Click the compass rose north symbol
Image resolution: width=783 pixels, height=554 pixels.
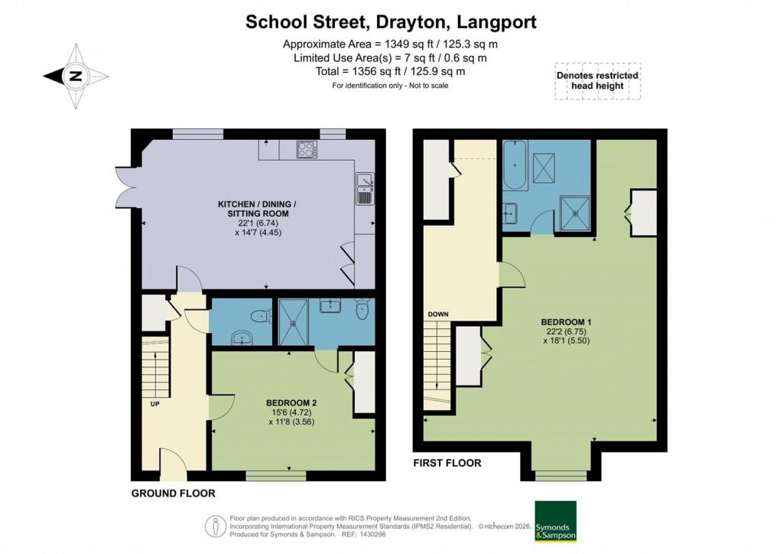(75, 76)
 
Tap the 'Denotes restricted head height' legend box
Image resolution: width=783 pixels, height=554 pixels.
(597, 80)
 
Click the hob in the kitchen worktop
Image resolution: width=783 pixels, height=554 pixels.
(307, 149)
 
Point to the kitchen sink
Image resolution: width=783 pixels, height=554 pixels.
(365, 189)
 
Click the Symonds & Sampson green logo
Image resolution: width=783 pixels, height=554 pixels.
(555, 521)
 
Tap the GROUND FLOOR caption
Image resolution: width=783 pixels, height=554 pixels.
(173, 494)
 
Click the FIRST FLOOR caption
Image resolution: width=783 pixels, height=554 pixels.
(447, 463)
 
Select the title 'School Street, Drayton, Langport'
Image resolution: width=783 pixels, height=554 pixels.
(391, 21)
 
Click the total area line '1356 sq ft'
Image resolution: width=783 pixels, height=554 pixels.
(391, 71)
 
